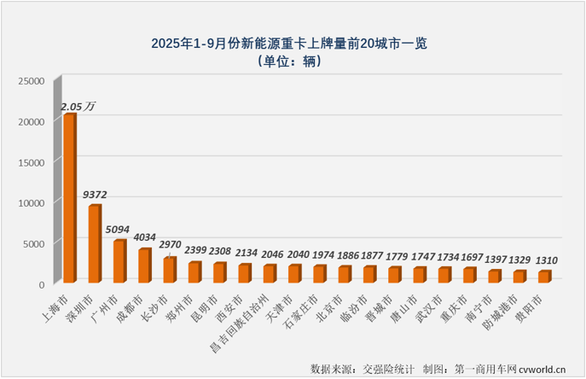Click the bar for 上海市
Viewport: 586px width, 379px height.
pos(69,198)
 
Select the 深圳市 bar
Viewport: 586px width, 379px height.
pos(94,244)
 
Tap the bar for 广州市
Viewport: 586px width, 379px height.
pos(119,261)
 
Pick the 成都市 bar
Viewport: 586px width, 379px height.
pos(144,265)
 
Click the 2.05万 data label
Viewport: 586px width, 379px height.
pos(78,106)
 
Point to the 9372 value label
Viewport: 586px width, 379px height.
pos(96,195)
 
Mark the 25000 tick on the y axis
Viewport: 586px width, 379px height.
pos(32,81)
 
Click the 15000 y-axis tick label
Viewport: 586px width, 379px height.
pos(32,162)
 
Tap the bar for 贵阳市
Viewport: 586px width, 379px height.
pos(543,277)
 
